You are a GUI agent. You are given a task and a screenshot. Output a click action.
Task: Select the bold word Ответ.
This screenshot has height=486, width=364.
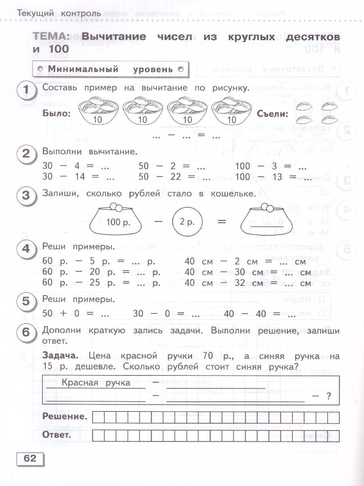coord(57,435)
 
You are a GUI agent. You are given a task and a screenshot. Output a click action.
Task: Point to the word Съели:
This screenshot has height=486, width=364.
coord(273,114)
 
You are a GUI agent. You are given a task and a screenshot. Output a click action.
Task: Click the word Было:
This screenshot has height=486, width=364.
coord(56,114)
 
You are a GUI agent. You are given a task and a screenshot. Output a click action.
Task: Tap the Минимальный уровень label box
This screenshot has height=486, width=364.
coord(110,69)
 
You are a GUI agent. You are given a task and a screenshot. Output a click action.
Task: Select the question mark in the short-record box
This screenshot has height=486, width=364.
coord(328,397)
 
